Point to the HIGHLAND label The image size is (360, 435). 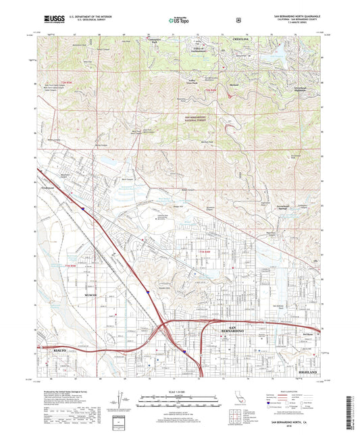307,372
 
